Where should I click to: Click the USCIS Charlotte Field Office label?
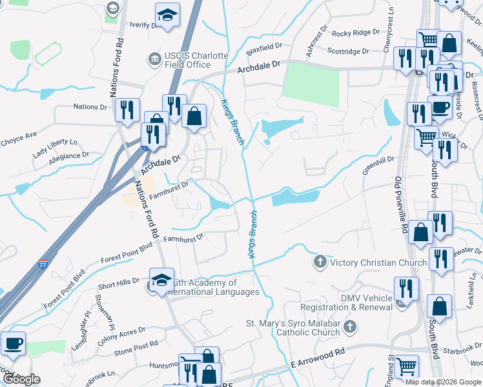pos(189,55)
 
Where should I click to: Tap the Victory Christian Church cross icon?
pos(319,262)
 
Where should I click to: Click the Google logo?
pos(21,379)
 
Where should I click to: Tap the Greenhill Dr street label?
pos(378,158)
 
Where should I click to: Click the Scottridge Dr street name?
pos(347,50)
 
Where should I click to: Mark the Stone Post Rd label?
pos(136,348)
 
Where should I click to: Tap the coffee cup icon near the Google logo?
pos(13,343)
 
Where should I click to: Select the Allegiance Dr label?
pos(67,156)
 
